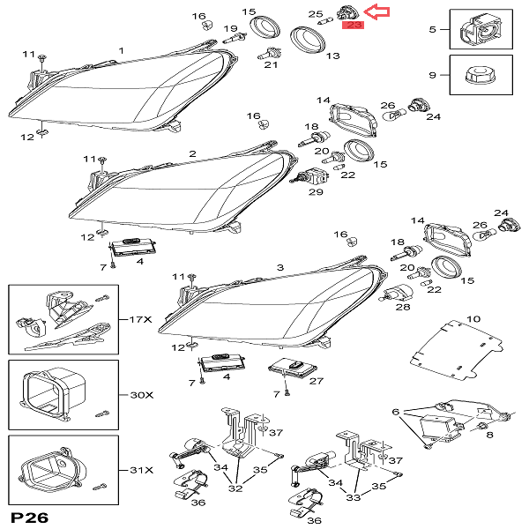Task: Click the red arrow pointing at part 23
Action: tap(377, 11)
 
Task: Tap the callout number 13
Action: tap(332, 56)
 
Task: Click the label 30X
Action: tap(138, 395)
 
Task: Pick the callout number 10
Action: tap(473, 318)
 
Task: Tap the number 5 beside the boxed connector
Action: tap(432, 30)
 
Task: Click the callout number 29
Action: tap(315, 191)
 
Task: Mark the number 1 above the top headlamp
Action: tap(121, 50)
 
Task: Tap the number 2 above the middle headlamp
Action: tap(191, 153)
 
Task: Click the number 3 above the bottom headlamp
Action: tap(279, 267)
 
